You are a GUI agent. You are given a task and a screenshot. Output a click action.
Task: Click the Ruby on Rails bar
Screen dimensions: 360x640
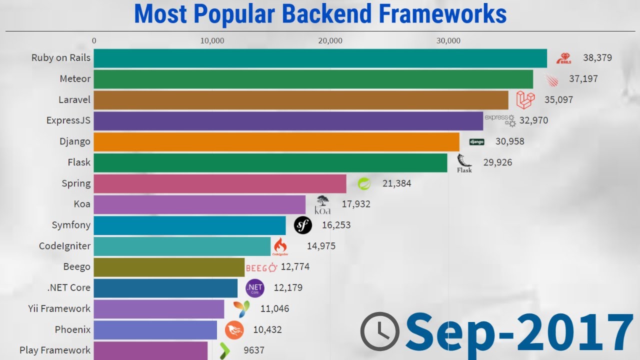[x=320, y=58]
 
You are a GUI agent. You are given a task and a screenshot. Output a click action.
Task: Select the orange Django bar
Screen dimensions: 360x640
[x=276, y=141]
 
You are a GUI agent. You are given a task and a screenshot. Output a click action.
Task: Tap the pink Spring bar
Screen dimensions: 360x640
[x=220, y=183]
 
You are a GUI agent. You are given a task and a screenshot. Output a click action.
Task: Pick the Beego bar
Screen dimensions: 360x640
[x=169, y=267]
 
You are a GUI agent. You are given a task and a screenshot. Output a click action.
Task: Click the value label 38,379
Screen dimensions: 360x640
[x=597, y=58]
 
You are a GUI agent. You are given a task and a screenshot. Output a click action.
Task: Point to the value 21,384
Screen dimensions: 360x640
[x=396, y=183]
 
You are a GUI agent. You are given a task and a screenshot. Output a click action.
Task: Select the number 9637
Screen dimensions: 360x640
[x=253, y=350]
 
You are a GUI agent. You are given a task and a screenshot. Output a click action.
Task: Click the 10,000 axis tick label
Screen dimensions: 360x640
[x=212, y=41]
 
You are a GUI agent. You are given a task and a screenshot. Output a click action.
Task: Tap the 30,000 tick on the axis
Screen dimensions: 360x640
[x=448, y=41]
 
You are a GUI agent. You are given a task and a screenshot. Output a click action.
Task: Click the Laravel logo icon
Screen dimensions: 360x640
[x=525, y=100]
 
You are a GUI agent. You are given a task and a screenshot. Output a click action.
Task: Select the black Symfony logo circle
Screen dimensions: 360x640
[x=302, y=225]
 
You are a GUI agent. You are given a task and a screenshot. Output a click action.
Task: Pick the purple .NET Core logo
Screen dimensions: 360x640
[x=254, y=288]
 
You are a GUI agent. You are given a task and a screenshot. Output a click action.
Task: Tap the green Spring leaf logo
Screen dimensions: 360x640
[x=364, y=183]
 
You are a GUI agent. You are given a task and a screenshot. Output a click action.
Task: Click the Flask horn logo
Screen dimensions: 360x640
[x=464, y=163]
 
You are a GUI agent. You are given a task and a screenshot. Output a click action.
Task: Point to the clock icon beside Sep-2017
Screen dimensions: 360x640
[x=380, y=331]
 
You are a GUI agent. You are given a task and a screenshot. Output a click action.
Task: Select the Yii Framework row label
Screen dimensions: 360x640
[x=59, y=308]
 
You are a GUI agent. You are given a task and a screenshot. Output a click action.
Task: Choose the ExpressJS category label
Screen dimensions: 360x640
[x=68, y=120]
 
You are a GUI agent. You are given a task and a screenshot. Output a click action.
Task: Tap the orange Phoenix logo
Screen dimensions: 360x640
[x=234, y=330]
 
